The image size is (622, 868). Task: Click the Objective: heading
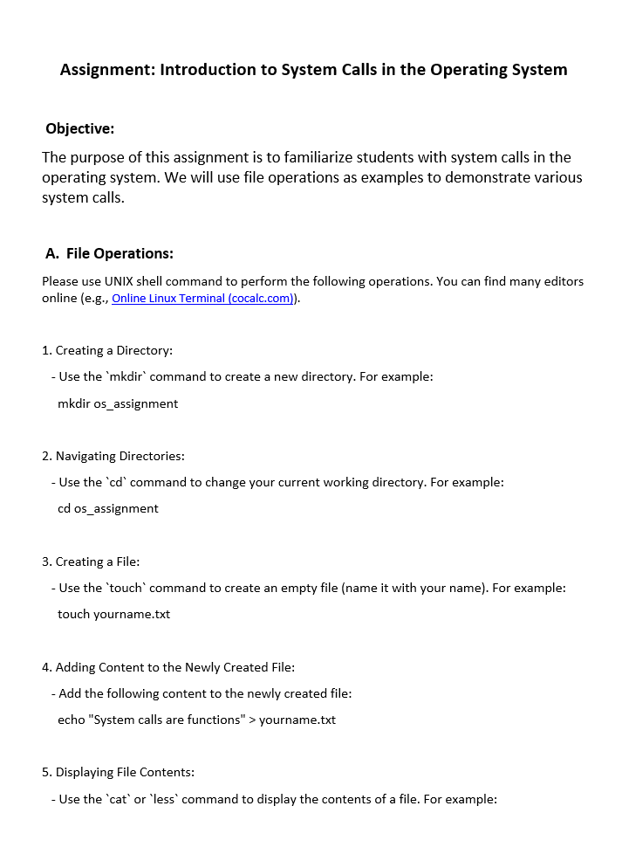(80, 128)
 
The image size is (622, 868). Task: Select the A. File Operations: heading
(110, 253)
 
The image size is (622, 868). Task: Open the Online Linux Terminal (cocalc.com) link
(203, 299)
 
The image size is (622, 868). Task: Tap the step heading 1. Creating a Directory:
(107, 350)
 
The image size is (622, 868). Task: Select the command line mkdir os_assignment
(118, 403)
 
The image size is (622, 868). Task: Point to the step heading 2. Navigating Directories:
(113, 456)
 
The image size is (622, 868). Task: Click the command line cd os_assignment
(108, 508)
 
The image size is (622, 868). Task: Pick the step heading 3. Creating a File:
(91, 561)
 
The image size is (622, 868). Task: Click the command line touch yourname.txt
(114, 614)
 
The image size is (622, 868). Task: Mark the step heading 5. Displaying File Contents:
(118, 772)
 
